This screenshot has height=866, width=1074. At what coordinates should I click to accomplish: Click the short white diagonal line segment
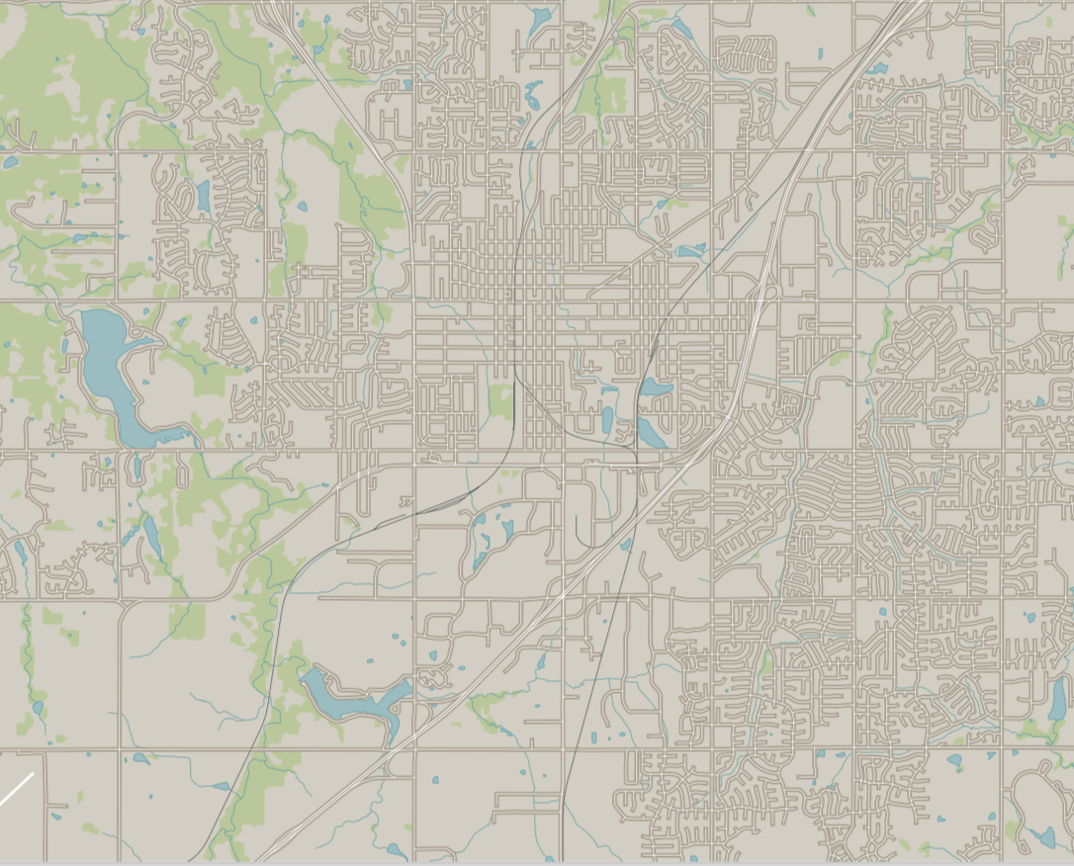(x=16, y=789)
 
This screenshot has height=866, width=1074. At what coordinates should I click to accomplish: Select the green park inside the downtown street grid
(x=501, y=400)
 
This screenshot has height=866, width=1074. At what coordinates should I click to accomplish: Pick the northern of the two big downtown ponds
(x=655, y=388)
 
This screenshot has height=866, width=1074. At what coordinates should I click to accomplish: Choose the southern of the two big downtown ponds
(x=649, y=431)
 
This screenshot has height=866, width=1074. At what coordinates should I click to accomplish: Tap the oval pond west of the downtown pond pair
(x=607, y=420)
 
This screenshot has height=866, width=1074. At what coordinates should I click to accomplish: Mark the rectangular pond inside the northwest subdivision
(x=203, y=196)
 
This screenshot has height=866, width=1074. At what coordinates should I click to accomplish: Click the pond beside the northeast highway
(x=876, y=68)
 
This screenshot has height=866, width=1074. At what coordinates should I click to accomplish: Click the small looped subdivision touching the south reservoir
(x=429, y=677)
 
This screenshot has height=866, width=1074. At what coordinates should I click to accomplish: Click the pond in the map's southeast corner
(x=1040, y=838)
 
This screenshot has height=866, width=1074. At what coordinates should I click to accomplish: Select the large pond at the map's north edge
(x=540, y=18)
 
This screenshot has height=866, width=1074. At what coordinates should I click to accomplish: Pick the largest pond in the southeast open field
(x=953, y=760)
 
